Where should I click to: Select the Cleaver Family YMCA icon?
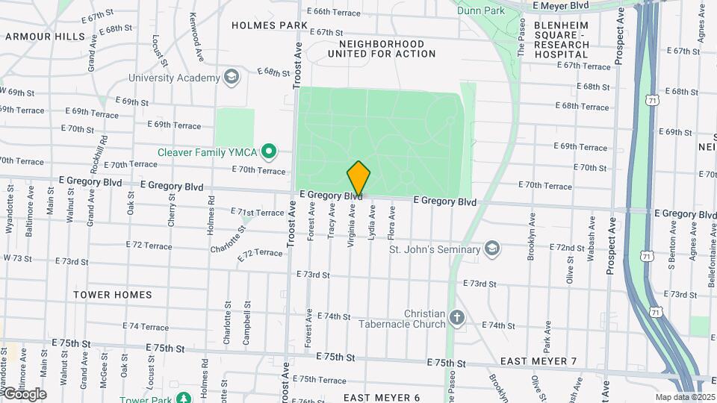[269, 153]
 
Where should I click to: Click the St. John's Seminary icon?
[491, 249]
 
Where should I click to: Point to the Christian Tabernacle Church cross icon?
[456, 319]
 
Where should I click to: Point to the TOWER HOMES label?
[113, 295]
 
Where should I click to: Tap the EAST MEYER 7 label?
[538, 361]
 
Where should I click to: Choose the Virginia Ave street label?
[351, 224]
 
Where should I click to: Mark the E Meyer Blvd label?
[560, 5]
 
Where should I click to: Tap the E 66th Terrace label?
[334, 12]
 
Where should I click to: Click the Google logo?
[23, 394]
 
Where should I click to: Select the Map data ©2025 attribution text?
[684, 397]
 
